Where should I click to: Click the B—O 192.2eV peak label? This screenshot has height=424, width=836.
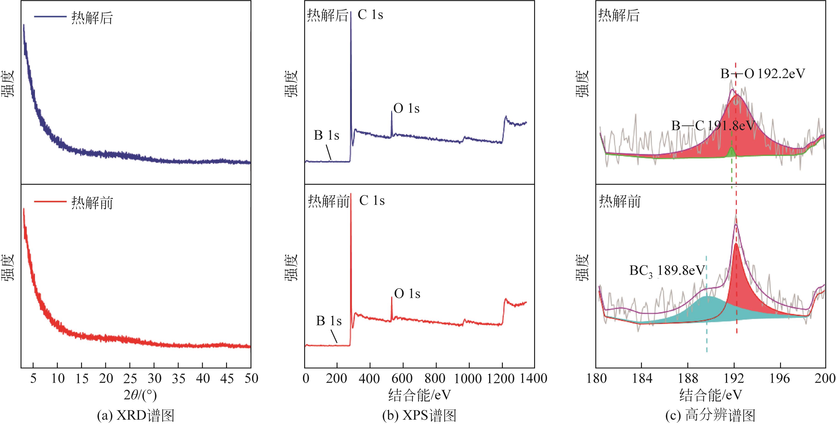[x=763, y=74]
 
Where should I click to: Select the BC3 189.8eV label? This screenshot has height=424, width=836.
[x=667, y=270]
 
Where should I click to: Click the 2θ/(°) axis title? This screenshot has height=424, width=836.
[x=140, y=395]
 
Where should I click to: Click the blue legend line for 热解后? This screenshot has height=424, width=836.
[x=50, y=16]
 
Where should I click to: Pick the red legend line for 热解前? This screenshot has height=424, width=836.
[x=50, y=202]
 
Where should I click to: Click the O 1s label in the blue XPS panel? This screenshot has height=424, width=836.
[x=406, y=108]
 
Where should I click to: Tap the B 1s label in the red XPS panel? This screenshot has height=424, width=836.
[x=329, y=321]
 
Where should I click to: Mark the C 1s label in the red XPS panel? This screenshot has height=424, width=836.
[x=372, y=201]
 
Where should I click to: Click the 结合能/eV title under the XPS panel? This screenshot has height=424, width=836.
[x=419, y=395]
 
